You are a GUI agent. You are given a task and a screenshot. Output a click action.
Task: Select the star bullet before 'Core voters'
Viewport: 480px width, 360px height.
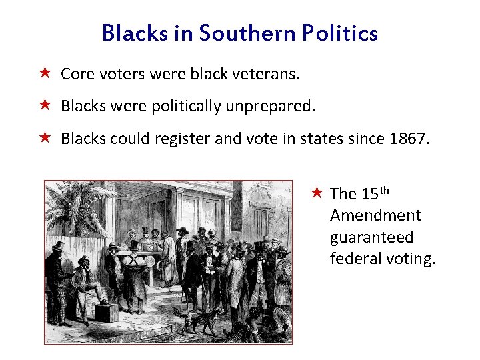tap(45, 73)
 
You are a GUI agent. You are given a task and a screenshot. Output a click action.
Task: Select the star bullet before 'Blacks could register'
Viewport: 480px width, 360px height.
tap(45, 138)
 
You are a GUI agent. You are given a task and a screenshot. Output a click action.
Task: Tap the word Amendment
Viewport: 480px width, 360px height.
tap(375, 215)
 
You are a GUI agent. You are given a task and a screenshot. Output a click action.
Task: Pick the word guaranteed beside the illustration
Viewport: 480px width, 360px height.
tap(371, 237)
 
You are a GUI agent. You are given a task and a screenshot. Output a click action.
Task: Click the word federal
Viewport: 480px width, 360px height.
tap(356, 259)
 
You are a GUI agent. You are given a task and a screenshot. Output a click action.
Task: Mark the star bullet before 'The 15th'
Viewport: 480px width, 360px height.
tap(317, 193)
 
